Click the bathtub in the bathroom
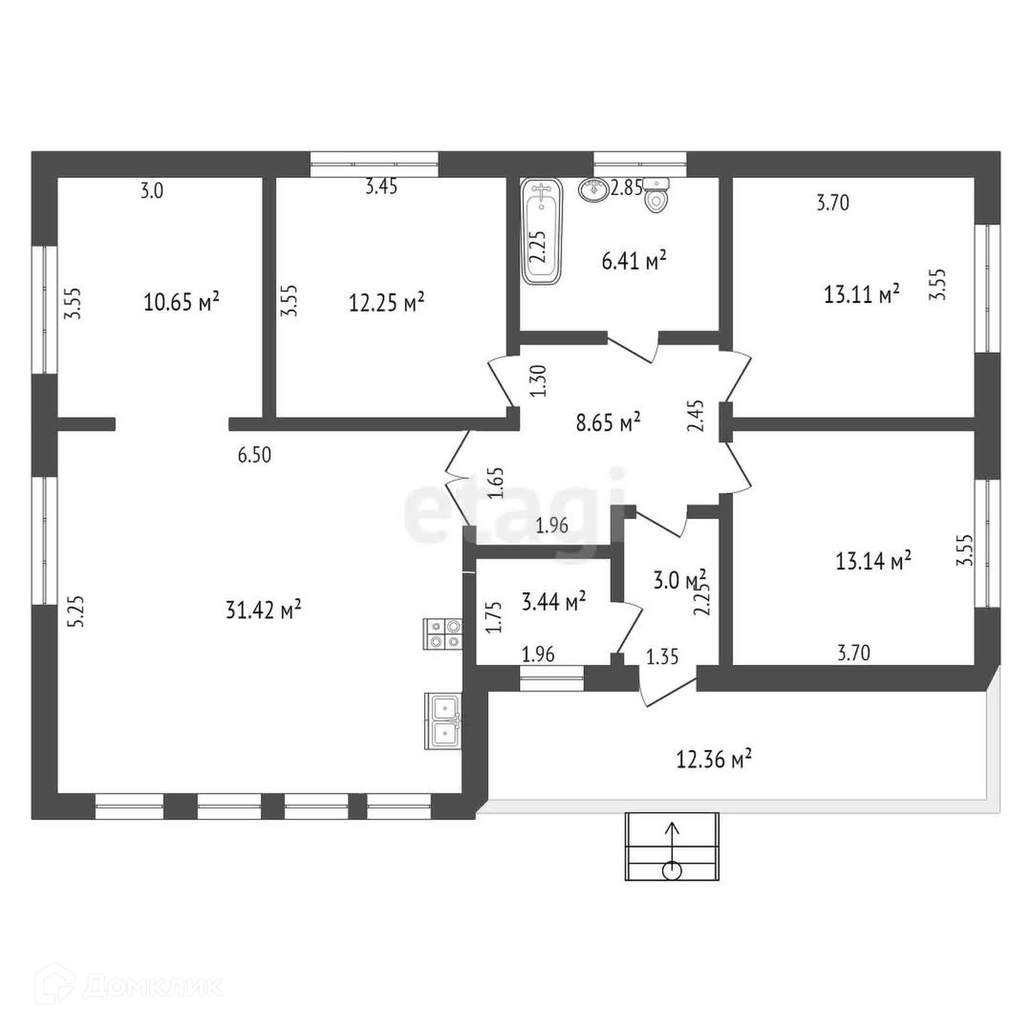point(542,232)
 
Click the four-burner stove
point(443,634)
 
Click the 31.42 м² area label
point(263,610)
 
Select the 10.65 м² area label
point(181,302)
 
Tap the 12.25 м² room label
point(386,303)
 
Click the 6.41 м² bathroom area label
point(634,262)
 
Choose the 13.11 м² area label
point(862,294)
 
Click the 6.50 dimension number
point(254,455)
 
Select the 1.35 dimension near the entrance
point(662,656)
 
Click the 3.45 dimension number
point(381,187)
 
